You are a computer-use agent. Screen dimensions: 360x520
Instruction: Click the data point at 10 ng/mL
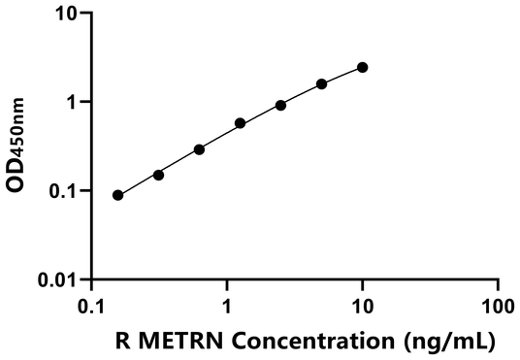(363, 67)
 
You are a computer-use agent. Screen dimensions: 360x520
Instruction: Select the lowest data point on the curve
(118, 195)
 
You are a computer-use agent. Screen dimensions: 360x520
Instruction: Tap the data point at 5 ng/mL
(322, 83)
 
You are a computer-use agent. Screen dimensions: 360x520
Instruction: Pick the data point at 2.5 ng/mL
(281, 105)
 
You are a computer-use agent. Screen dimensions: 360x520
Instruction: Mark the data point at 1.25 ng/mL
(241, 123)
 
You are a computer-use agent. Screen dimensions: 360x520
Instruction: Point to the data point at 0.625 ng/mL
(200, 149)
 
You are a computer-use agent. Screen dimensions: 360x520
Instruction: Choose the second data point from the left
(159, 175)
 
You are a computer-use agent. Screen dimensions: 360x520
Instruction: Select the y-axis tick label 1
(70, 102)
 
